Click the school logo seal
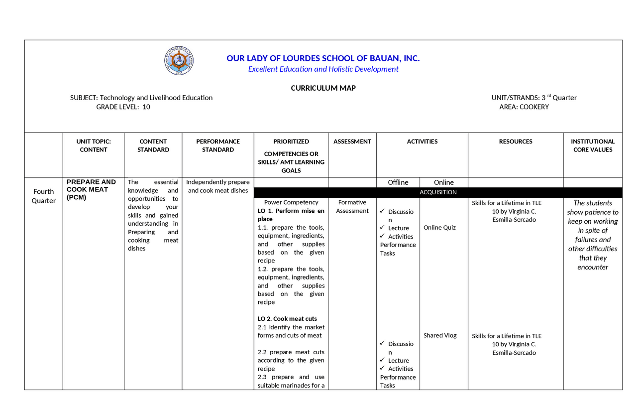click(x=179, y=61)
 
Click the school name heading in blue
click(x=323, y=58)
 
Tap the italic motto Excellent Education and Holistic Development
click(x=323, y=69)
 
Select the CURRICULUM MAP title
click(x=323, y=88)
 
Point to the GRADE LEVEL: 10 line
click(x=123, y=107)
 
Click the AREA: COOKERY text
click(x=524, y=107)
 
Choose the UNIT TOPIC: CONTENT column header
click(x=94, y=145)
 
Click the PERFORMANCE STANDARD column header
click(x=218, y=145)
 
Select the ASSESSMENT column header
click(x=352, y=141)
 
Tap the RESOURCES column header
click(x=516, y=141)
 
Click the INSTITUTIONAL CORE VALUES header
click(x=593, y=145)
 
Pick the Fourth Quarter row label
click(x=44, y=196)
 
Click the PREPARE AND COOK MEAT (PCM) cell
click(x=91, y=189)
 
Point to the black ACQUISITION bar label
click(x=438, y=192)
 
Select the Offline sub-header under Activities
click(x=398, y=182)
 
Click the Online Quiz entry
click(x=439, y=228)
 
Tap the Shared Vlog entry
click(x=440, y=335)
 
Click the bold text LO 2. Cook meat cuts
click(x=287, y=319)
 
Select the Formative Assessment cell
click(x=352, y=206)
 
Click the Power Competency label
click(x=291, y=202)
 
